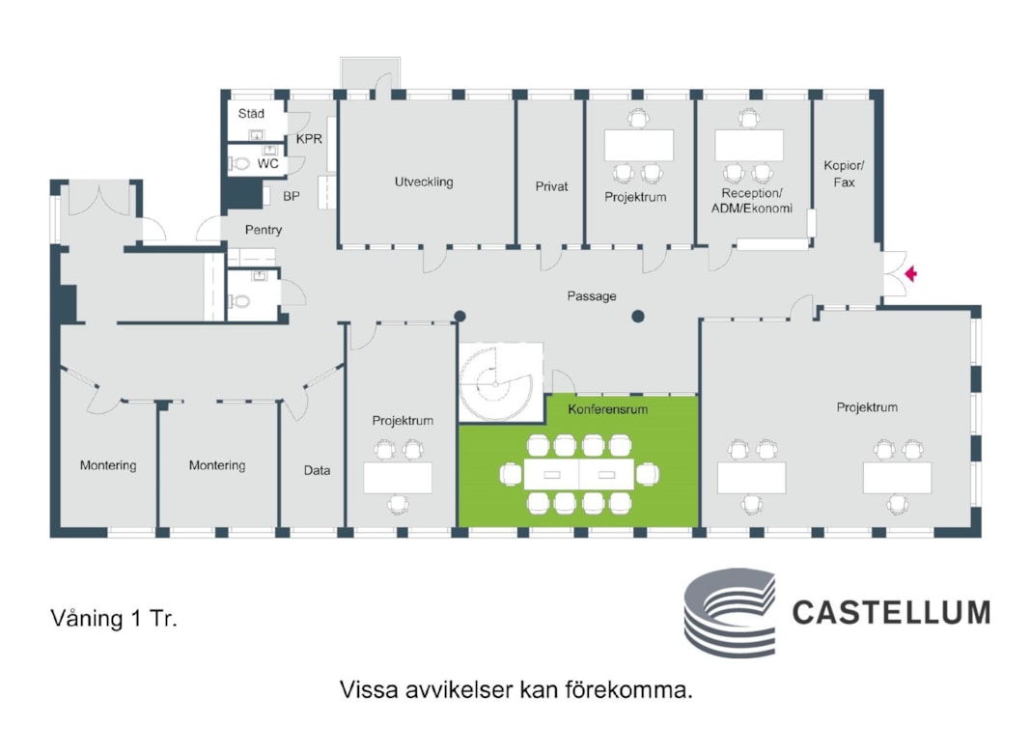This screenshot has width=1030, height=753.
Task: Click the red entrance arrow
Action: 909,274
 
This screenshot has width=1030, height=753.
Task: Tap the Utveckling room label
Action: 423,181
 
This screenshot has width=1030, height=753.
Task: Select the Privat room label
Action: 552,186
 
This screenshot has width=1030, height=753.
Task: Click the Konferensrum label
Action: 607,409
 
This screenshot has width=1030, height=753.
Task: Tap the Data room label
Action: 317,470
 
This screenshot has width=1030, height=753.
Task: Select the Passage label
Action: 591,296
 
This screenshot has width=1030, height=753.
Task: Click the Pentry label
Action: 263,230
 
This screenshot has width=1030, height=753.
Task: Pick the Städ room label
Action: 251,114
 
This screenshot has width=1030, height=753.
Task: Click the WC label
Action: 267,164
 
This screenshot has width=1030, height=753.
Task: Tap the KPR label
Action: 309,139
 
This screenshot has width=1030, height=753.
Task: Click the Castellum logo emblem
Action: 729,612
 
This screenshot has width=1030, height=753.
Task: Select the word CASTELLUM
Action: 891,612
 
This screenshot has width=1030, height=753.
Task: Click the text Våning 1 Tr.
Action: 113,619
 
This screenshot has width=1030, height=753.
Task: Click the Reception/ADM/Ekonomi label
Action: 751,200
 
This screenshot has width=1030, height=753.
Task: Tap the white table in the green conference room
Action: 577,474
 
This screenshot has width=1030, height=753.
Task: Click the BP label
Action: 291,196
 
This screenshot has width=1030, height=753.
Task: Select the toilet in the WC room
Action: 240,164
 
